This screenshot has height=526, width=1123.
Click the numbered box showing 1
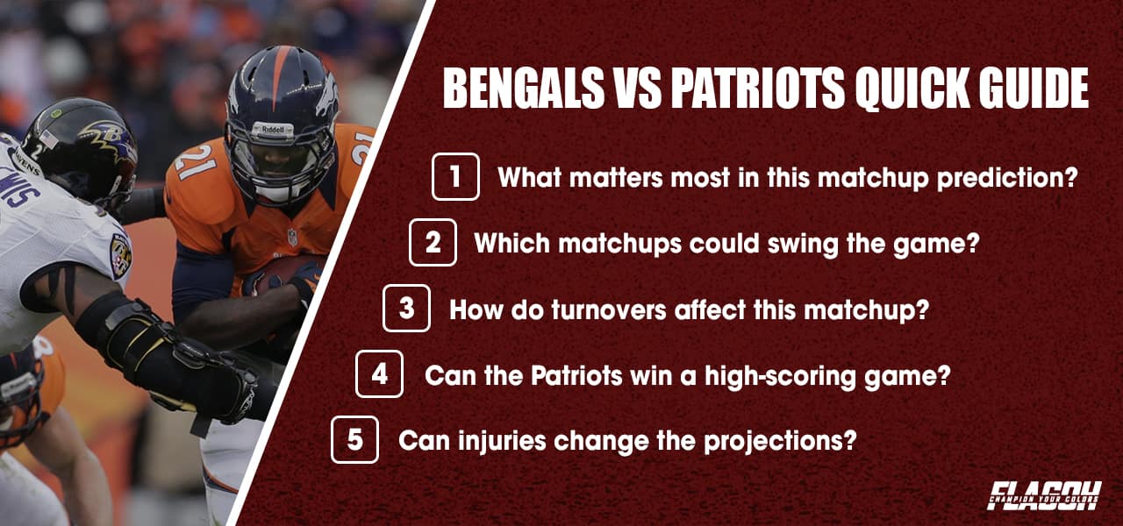(x=455, y=177)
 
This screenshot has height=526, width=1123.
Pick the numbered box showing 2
(x=433, y=243)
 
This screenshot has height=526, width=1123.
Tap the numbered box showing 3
(x=406, y=309)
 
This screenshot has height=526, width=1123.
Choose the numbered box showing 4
(x=379, y=374)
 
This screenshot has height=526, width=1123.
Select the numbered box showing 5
(x=354, y=439)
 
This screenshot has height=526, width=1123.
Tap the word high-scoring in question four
(x=788, y=374)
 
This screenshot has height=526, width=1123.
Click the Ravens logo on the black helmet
(x=105, y=136)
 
